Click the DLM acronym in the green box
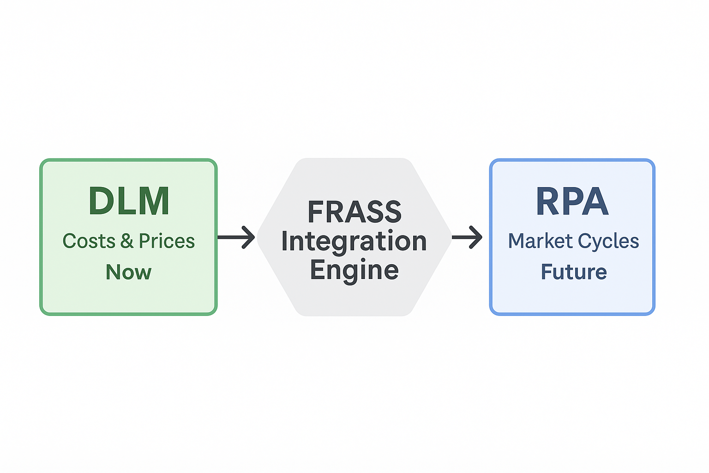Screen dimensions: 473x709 tap(129, 201)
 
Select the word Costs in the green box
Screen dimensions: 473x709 tap(89, 241)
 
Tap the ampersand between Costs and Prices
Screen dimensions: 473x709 tap(127, 241)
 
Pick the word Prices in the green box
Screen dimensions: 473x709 tap(167, 241)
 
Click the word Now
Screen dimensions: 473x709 tap(128, 272)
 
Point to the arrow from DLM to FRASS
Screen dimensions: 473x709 tap(236, 237)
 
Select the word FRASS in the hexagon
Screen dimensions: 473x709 tap(354, 212)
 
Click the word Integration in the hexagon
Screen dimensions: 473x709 tap(354, 241)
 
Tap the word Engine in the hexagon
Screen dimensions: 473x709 tap(354, 270)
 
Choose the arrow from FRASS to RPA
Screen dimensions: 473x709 tap(467, 237)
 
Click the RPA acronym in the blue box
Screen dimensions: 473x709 tap(572, 201)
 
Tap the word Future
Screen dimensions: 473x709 tap(574, 272)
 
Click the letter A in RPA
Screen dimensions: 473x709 tap(596, 201)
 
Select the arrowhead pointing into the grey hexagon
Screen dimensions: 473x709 tap(249, 237)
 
